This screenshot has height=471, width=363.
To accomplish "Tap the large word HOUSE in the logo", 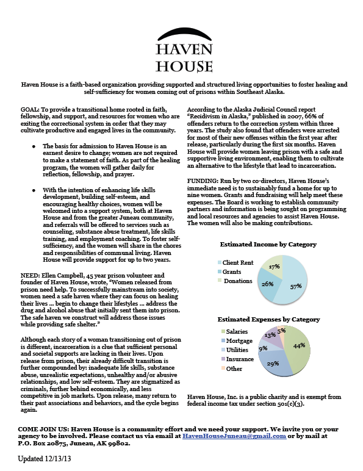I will (x=181, y=65).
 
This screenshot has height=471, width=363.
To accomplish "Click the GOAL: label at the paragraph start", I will (x=32, y=105).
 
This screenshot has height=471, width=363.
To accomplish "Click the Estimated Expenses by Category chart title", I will (x=268, y=318).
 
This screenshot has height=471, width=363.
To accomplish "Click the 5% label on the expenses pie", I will (x=281, y=331).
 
